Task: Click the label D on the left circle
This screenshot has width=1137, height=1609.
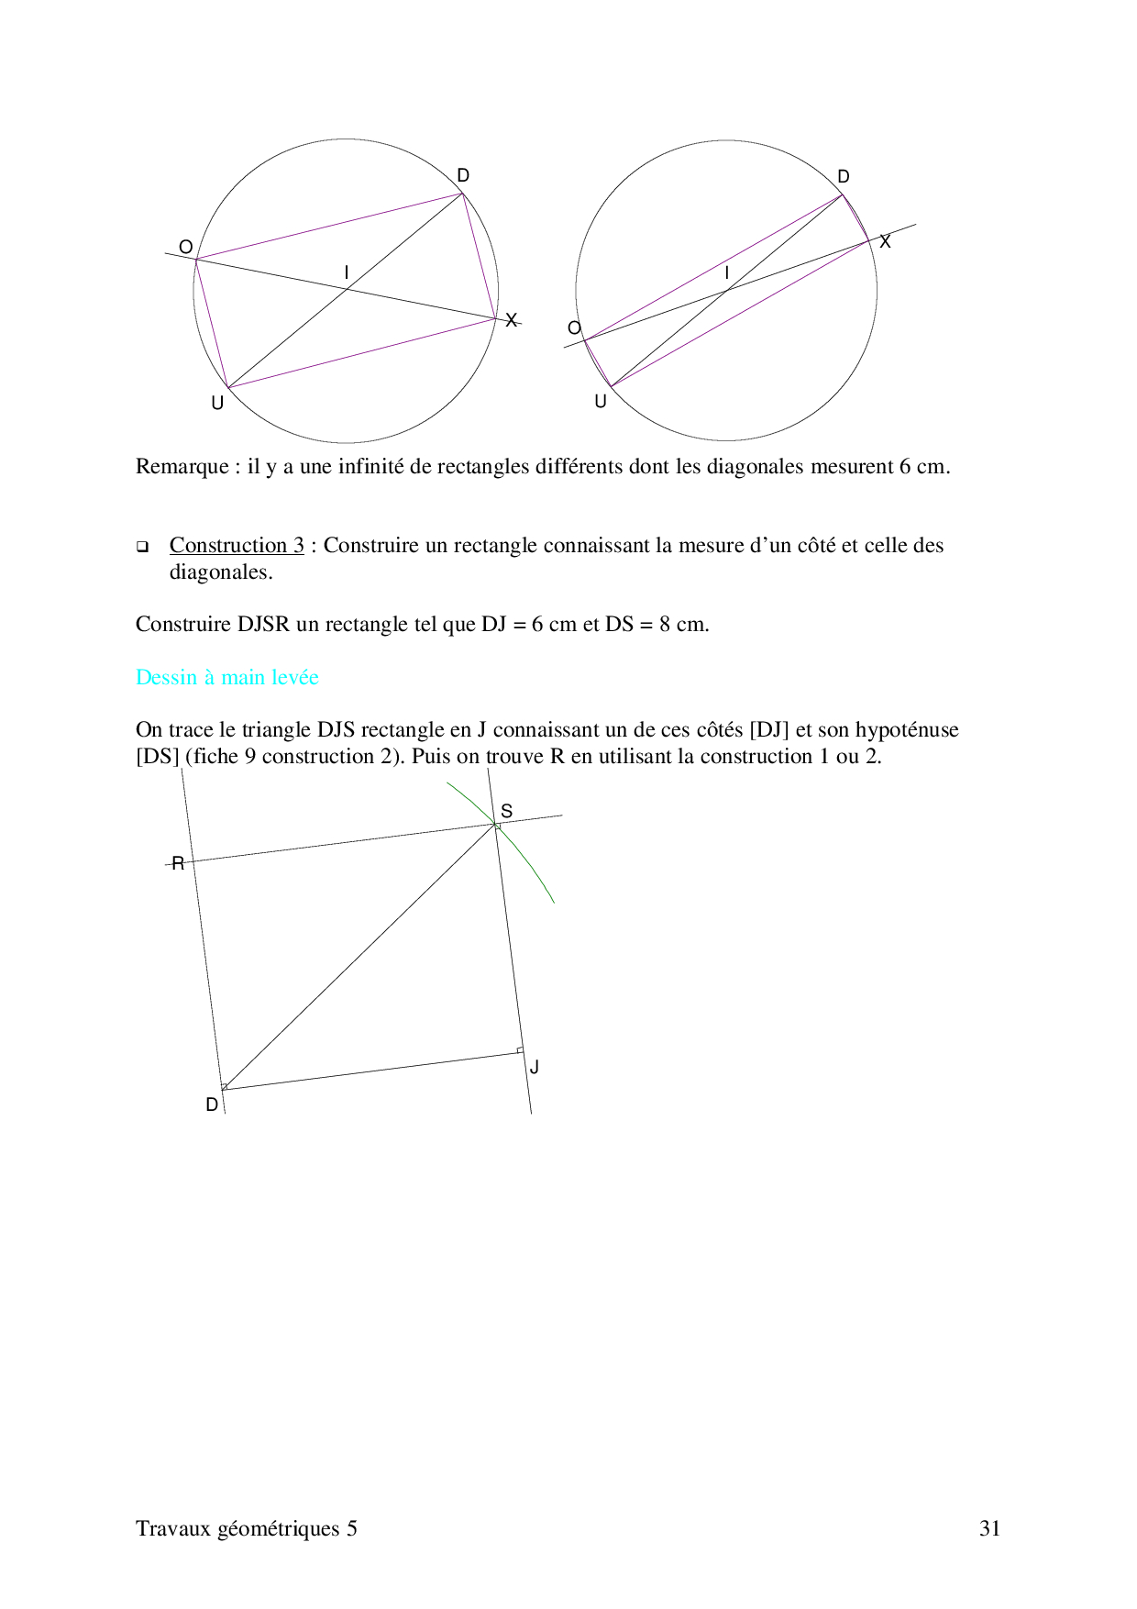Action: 463,175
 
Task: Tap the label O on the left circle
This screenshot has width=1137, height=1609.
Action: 185,247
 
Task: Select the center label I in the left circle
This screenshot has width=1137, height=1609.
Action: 346,272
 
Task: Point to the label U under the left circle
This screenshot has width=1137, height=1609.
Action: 217,403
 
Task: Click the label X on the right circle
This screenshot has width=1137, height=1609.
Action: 885,242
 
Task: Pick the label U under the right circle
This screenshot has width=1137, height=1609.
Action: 601,401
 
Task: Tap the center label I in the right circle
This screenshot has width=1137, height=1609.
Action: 727,273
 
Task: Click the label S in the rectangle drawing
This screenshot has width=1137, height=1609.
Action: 506,811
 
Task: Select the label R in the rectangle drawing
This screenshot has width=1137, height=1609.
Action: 178,863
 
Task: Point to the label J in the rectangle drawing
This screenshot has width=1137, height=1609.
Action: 535,1067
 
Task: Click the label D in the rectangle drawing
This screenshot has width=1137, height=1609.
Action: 212,1104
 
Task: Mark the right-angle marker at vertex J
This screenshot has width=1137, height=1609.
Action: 519,1050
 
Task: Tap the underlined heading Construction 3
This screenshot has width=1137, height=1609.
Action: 237,545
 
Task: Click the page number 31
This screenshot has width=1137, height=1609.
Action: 989,1528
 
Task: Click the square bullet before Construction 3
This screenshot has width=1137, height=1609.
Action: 142,548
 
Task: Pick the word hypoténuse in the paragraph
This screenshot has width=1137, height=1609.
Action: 906,730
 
